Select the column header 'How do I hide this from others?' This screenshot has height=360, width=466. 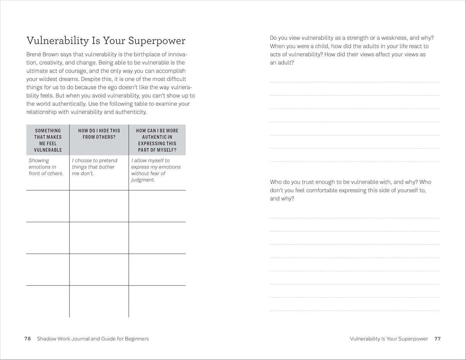(x=99, y=134)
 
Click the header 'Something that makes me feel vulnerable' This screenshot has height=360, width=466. (x=48, y=140)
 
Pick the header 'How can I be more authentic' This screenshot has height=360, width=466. (x=157, y=140)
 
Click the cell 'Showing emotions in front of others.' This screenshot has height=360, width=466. (x=46, y=167)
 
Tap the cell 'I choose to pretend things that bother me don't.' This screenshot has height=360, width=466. (x=94, y=167)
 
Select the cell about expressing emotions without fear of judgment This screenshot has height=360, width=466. (x=156, y=170)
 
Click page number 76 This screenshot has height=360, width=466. (x=28, y=339)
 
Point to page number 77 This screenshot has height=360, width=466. (x=438, y=339)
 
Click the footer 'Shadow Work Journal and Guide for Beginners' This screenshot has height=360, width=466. (x=93, y=339)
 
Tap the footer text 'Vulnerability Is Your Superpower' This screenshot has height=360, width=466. (x=389, y=339)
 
